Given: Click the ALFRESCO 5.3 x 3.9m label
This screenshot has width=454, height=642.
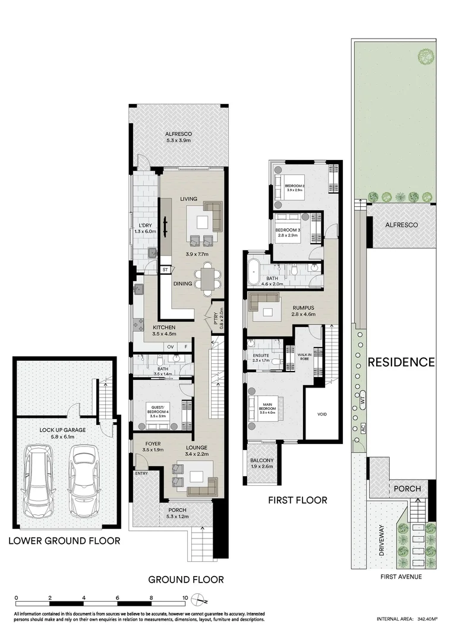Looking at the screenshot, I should [178, 137].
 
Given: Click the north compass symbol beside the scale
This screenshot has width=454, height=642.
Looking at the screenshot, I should [203, 599].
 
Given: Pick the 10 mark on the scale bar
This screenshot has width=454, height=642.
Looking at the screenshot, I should [186, 599].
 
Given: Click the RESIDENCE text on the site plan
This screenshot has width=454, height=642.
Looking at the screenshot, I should [401, 361].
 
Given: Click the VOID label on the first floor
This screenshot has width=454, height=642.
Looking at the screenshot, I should [322, 414].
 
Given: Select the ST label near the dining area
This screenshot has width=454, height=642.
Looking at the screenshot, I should [165, 270].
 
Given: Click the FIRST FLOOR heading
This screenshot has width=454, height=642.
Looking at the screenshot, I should [298, 500].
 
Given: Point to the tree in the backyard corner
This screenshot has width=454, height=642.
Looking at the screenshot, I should [425, 56].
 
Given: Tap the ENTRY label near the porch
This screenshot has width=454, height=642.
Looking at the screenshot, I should [141, 473].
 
